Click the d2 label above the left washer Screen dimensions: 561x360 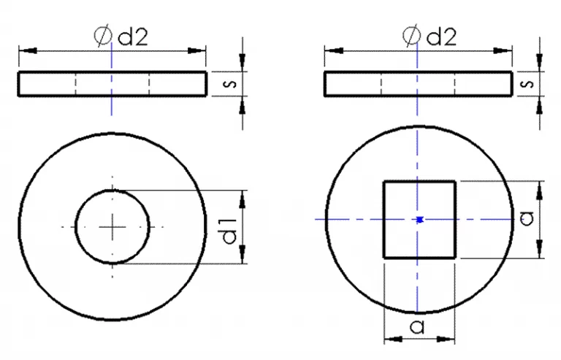click(133, 37)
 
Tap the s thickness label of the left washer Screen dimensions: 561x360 click(229, 84)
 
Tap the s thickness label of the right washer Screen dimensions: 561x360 click(527, 84)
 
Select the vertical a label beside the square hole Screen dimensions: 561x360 click(527, 218)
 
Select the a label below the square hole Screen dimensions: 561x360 click(417, 326)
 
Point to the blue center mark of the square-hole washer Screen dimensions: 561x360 click(420, 220)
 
